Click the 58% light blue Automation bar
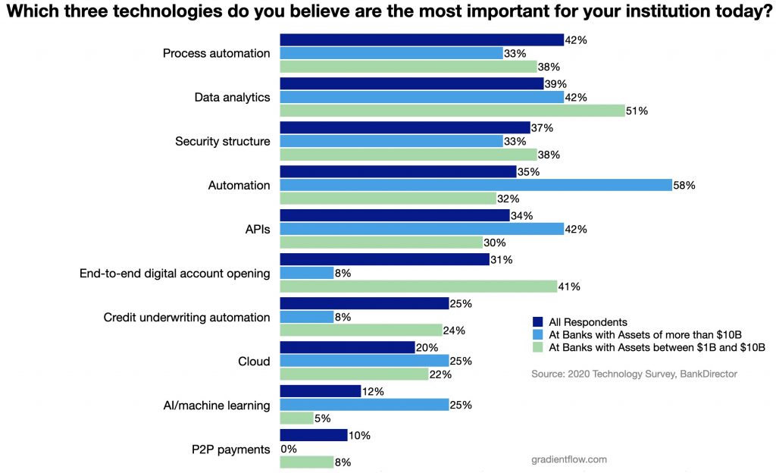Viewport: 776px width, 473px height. (476, 185)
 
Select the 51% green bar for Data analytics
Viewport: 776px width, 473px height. (452, 111)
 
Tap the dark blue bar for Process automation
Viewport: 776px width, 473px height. (421, 40)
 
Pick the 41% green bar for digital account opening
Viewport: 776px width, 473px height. (419, 287)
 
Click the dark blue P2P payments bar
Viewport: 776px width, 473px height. (314, 435)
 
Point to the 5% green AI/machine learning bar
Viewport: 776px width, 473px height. (297, 418)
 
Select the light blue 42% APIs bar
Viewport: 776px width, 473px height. (421, 229)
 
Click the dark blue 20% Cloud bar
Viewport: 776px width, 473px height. (347, 347)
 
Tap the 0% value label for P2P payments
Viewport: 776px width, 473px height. (289, 449)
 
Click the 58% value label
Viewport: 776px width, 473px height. (685, 185)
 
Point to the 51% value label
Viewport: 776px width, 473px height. (638, 111)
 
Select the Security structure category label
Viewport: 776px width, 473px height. (222, 141)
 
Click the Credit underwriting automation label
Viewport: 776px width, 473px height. (186, 317)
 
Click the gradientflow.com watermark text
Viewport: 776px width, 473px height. (569, 459)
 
